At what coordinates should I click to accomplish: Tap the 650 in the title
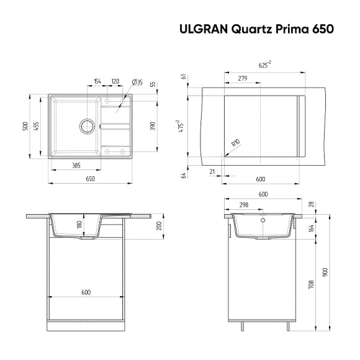[x=322, y=29]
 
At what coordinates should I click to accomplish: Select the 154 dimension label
[x=97, y=82]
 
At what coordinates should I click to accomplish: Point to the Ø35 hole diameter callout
[x=137, y=82]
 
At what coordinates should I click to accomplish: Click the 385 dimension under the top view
[x=76, y=166]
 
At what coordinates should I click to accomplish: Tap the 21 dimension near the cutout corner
[x=212, y=171]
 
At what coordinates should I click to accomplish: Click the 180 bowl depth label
[x=79, y=225]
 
